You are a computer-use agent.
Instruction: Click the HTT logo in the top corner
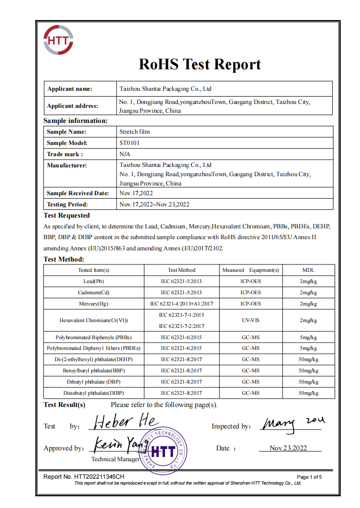59,41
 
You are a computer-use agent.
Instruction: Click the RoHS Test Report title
200,64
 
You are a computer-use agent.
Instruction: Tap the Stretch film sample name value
135,132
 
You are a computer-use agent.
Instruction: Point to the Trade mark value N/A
125,154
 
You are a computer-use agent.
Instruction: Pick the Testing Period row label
67,204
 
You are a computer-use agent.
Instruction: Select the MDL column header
308,270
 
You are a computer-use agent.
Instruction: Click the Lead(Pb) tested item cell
94,281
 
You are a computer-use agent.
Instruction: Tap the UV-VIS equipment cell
250,320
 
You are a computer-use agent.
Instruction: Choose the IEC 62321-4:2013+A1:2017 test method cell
181,304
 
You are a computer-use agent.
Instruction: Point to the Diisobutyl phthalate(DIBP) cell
94,393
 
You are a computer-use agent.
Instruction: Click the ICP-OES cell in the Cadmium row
250,292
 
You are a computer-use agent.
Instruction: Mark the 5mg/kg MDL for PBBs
308,337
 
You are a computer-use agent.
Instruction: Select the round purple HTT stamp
163,452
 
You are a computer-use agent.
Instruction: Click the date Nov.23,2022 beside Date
288,448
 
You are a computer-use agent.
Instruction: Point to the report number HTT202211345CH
84,476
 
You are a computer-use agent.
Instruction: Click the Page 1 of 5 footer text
309,477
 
